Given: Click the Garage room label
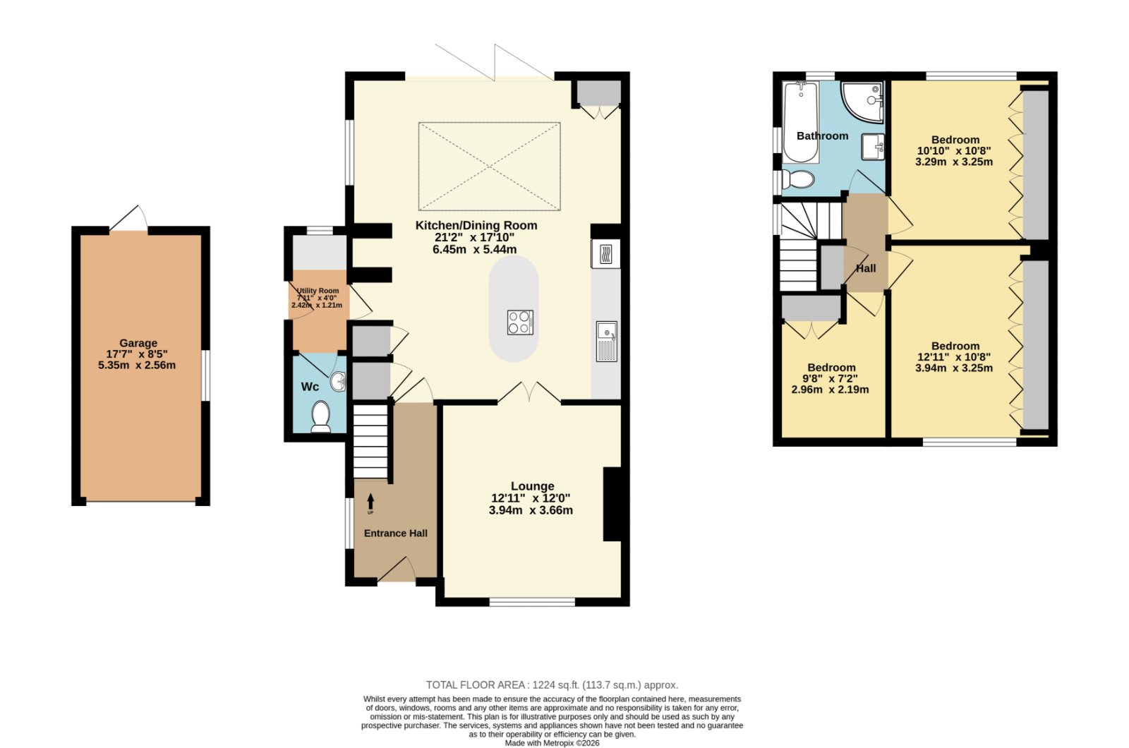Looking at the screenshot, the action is point(138,343).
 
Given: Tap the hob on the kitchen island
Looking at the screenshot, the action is point(520,322).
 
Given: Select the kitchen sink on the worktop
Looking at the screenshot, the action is point(606,342).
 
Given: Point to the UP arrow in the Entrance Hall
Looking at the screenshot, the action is point(370,503).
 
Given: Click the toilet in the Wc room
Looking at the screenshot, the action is point(320,416).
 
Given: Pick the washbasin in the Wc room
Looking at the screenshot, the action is point(339,382).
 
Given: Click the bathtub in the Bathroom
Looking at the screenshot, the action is point(801,122).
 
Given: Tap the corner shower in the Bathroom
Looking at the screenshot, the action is point(863,102).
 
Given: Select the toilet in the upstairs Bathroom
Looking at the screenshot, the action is point(797,179).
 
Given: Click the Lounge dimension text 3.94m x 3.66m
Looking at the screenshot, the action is point(531,510).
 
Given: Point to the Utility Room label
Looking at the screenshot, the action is point(318,291).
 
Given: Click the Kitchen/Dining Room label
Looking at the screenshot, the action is point(476,225).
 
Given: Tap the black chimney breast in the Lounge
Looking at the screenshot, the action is point(612,504).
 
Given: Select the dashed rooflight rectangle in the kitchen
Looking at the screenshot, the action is point(490,166).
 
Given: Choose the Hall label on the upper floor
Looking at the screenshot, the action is point(866,268).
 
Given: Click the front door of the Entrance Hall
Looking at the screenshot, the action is point(397,569).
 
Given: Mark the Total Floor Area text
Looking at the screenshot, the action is point(552,685).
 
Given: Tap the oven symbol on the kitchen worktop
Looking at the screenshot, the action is point(606,254).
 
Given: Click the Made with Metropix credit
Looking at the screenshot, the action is point(552,743).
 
